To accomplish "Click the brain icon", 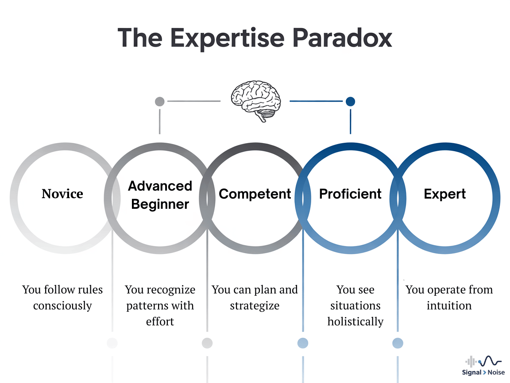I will pos(255,101).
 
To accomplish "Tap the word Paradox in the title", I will pos(342,38).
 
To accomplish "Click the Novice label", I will pos(62,194).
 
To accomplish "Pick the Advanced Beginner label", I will pos(160,195).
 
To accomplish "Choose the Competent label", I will pos(255,194).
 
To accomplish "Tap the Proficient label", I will pos(350,194).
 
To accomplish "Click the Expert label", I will pos(445,194).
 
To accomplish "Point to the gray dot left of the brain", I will pos(159,102).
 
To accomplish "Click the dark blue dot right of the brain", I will pos(350,102).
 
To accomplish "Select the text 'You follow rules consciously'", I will pos(62,297).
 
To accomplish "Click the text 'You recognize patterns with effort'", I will pos(160,305).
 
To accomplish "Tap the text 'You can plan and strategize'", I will pos(255,297).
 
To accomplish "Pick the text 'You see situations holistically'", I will pos(355,305).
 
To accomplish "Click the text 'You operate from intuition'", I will pos(449,297).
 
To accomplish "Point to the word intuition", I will pos(449,305).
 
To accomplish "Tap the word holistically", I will pos(355,321).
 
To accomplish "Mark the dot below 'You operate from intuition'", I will pos(398,343).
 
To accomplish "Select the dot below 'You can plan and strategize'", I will pos(207,343).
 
